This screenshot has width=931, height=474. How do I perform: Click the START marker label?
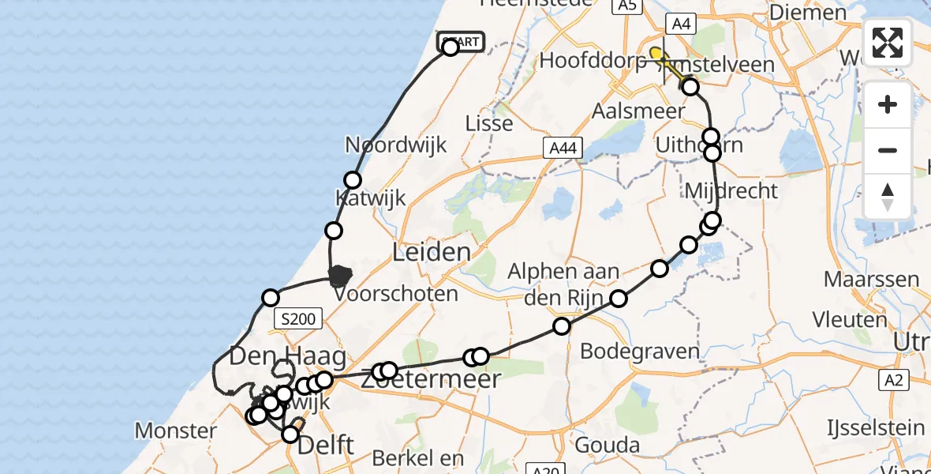click(461, 41)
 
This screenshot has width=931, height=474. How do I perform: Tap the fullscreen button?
click(888, 43)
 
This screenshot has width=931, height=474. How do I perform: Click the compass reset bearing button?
click(888, 197)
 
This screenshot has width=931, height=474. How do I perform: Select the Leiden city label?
click(431, 253)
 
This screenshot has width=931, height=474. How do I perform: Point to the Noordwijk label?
click(396, 145)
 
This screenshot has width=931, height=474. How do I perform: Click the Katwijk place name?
click(370, 197)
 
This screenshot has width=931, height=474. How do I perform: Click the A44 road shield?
click(563, 147)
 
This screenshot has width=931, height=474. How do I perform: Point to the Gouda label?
click(607, 445)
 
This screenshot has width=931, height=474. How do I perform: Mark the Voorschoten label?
click(396, 295)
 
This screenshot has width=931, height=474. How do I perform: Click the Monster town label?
click(176, 431)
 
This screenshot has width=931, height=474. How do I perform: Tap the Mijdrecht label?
click(731, 190)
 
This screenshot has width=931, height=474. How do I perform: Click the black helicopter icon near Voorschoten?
click(340, 276)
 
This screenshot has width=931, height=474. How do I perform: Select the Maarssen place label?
click(871, 279)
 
